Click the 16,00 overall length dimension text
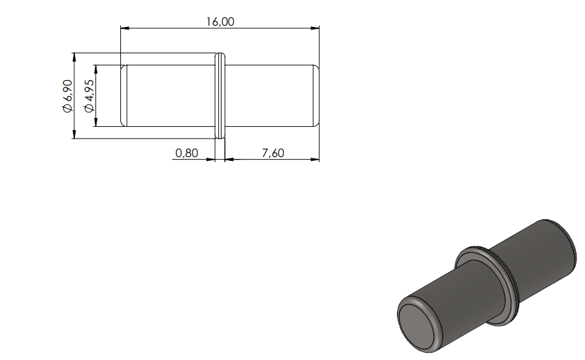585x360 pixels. pos(220,22)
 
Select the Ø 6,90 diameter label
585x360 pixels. pos(68,96)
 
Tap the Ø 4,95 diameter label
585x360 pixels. pos(89,96)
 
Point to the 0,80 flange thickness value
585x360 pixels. pos(187,153)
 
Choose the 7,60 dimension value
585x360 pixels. pos(273,153)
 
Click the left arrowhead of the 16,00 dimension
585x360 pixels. pos(125,28)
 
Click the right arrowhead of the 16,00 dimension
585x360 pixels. pos(315,28)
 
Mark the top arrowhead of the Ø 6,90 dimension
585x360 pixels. pos(74,57)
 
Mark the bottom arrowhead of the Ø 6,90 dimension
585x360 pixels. pos(74,134)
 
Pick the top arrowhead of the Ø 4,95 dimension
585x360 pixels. pos(96,70)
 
